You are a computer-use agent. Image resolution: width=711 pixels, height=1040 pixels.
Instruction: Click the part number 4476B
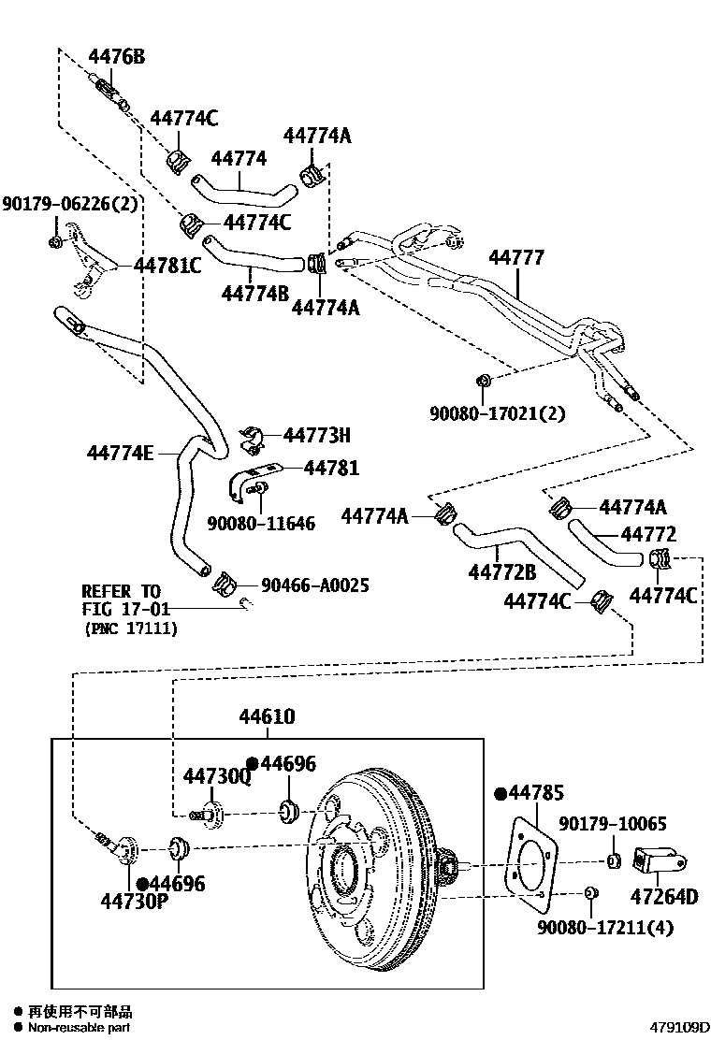pos(116,57)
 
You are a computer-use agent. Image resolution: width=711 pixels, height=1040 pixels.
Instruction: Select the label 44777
pos(515,258)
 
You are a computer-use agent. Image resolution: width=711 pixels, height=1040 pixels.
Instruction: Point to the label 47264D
pos(664,896)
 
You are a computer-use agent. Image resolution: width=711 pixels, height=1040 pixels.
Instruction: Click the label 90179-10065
pos(613,824)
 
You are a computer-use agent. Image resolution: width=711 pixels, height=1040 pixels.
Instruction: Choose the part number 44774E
pos(121,453)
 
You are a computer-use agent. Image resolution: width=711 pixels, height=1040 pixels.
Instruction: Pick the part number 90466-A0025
pos(315,585)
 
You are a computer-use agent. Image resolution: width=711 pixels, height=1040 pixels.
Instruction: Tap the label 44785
pos(535,794)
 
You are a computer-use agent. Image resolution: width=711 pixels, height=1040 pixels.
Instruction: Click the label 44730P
pos(134,902)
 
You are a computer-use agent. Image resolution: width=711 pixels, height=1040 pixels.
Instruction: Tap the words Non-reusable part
pos(80,1028)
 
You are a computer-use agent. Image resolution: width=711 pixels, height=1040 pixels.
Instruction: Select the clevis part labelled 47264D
pos(660,860)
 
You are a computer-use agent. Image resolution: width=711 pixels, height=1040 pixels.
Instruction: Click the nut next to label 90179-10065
pos(613,860)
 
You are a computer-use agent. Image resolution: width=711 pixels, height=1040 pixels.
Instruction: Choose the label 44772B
pos(501,572)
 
